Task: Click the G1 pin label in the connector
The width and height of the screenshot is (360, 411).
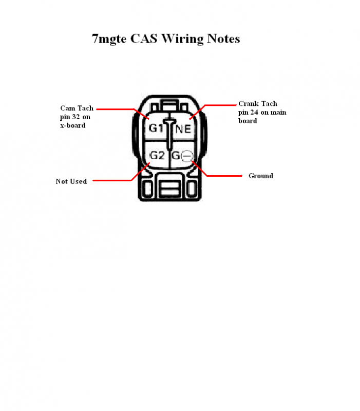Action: point(156,128)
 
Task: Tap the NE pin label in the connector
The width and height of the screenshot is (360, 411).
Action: point(183,129)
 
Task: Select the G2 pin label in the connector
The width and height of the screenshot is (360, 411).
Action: point(157,156)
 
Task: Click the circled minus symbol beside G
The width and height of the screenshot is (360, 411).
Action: point(187,156)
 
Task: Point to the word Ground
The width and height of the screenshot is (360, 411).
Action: point(261,176)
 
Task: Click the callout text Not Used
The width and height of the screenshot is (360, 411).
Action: point(71,181)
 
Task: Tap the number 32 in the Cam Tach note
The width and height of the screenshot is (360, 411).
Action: point(76,117)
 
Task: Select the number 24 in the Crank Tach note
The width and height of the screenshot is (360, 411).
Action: point(254,112)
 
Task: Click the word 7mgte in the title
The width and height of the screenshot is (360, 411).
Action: point(109,39)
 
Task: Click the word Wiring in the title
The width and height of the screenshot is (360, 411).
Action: point(182,39)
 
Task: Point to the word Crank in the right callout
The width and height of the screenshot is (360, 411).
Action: point(249,104)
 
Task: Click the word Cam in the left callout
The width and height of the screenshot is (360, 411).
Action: point(68,108)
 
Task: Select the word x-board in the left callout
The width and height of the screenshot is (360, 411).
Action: point(73,125)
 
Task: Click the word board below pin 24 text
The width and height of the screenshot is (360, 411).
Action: point(248,121)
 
